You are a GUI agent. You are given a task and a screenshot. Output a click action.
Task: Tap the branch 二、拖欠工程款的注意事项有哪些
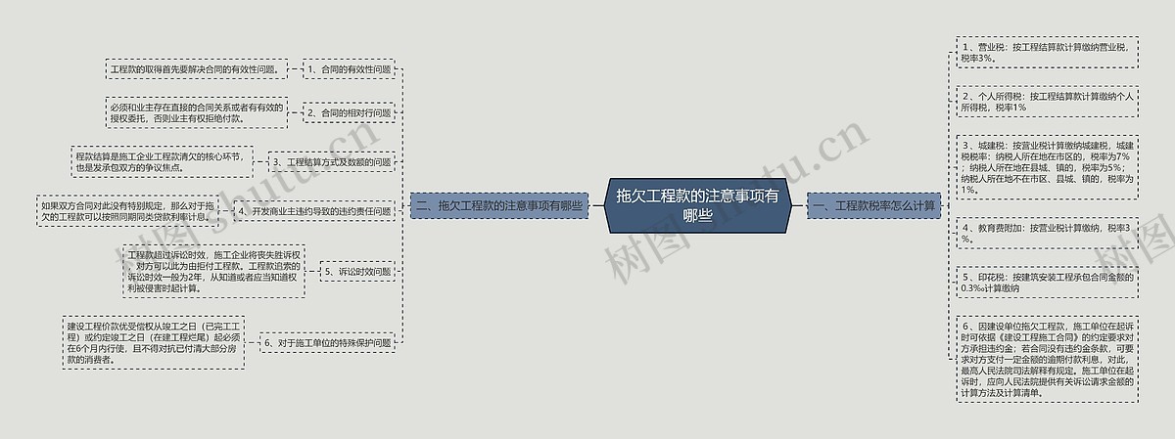tap(499, 206)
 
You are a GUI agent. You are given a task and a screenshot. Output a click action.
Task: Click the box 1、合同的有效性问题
tap(349, 70)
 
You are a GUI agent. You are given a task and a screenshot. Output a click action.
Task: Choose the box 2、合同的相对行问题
tap(349, 113)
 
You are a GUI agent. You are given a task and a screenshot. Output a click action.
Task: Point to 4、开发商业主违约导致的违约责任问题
tap(314, 211)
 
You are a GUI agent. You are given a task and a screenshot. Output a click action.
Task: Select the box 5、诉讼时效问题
tap(357, 272)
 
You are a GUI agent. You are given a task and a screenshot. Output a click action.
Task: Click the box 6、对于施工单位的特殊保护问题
tap(326, 343)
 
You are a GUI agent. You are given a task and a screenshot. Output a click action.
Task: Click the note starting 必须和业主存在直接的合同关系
tap(197, 112)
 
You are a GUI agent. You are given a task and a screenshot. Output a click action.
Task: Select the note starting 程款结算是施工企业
tap(158, 161)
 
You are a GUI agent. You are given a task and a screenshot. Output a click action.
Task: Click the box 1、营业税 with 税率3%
tap(1047, 52)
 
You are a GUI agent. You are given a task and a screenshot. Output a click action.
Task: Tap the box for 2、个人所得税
tap(1047, 102)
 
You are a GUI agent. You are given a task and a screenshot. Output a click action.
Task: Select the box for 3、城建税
tap(1047, 166)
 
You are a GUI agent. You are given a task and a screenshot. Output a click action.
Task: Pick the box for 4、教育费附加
tap(1047, 233)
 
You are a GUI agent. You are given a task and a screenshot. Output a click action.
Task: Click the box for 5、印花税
tap(1047, 283)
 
